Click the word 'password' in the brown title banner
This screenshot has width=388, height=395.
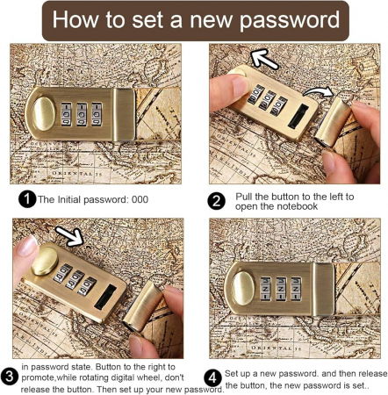click(290, 20)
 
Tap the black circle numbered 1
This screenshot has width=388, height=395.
click(27, 199)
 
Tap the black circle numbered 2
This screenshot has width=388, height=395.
click(217, 201)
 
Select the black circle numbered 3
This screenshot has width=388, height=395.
click(10, 377)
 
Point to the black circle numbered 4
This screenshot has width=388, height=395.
click(212, 378)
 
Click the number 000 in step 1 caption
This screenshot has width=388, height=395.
click(140, 199)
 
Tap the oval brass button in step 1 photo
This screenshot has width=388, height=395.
click(44, 113)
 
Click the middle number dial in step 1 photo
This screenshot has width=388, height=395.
click(82, 114)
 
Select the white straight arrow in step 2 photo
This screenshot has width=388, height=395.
click(264, 60)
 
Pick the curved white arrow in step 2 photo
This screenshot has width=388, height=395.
click(319, 91)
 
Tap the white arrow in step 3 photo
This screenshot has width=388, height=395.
click(70, 236)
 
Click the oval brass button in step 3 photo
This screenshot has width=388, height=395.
click(45, 261)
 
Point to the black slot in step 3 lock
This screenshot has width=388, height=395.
click(105, 297)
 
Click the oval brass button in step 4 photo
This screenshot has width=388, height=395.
click(243, 288)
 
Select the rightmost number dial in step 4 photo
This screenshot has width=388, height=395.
click(296, 289)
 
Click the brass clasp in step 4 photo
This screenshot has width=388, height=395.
click(323, 289)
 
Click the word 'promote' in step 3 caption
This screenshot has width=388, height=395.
click(38, 378)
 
